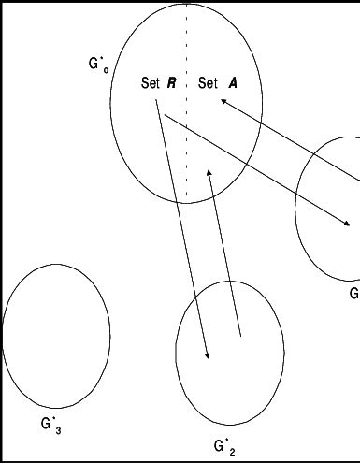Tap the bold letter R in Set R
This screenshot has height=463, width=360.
click(x=172, y=83)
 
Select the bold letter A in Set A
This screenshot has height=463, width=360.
click(x=231, y=83)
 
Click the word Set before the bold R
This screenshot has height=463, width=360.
click(x=151, y=83)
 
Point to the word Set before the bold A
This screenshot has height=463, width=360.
click(x=209, y=83)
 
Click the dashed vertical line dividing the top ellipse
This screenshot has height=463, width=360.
click(x=186, y=140)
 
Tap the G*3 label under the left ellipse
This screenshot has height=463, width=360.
click(x=50, y=424)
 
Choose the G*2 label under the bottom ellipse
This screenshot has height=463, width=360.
click(x=224, y=445)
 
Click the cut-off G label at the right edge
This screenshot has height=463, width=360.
click(x=354, y=294)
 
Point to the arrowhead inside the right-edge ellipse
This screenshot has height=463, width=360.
click(x=347, y=224)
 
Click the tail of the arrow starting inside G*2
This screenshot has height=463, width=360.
click(x=241, y=335)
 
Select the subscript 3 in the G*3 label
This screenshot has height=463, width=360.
click(x=58, y=429)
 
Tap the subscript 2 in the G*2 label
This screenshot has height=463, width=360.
click(x=232, y=451)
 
